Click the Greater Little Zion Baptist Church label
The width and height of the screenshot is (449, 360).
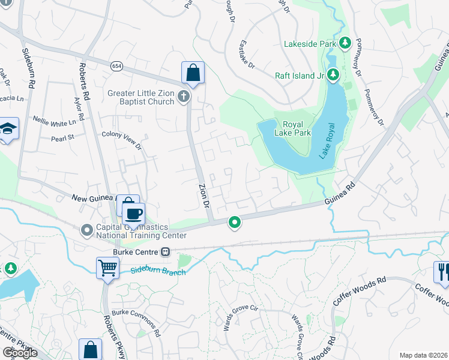pos(140,97)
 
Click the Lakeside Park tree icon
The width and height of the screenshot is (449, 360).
pos(345,43)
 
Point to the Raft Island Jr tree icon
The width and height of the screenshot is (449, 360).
pos(334,75)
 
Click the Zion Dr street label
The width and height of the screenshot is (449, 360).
pos(204,196)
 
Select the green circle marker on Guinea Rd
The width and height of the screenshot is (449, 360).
pos(235,223)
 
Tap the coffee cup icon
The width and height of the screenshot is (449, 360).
pos(134,212)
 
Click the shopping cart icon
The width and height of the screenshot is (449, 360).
pos(107,267)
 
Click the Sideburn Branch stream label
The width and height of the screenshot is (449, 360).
pos(158,271)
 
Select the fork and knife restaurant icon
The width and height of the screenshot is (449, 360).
pos(443,271)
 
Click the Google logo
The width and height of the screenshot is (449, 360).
pos(20,353)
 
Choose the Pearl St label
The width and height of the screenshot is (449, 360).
pos(62,137)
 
